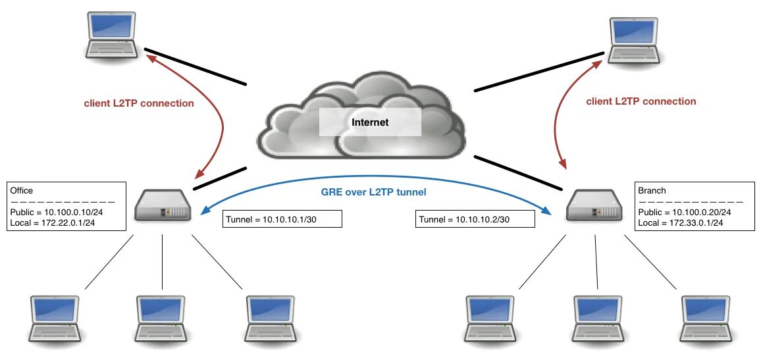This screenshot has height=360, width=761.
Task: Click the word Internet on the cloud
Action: coord(370,122)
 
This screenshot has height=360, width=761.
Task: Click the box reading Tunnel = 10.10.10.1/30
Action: coord(282,219)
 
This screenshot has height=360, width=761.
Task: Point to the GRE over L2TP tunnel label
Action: coord(374,192)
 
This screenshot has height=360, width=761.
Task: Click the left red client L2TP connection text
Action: coord(139,103)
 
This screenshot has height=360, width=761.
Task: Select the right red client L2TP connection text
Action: coord(641,101)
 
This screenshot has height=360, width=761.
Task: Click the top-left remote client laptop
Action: coord(112,36)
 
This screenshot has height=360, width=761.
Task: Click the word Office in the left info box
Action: coord(22,191)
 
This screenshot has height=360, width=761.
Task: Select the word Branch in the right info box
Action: coord(652,191)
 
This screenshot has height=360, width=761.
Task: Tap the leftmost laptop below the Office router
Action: coord(57,319)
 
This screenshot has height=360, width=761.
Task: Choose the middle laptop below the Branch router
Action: coord(598,319)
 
